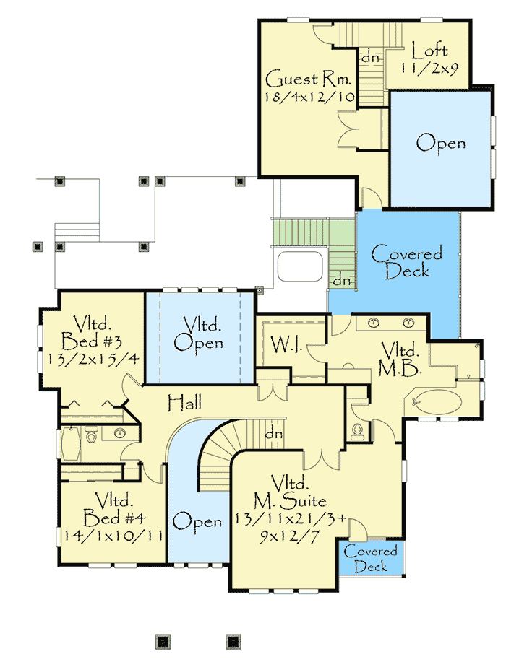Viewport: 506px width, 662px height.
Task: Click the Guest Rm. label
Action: (296, 78)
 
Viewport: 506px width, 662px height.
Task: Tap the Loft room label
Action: (429, 51)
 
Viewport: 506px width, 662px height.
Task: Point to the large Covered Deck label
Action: (406, 262)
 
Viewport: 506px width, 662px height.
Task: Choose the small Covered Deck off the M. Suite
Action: (370, 559)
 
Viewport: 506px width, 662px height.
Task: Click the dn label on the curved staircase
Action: (273, 434)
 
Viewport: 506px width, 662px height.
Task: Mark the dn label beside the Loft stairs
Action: (371, 56)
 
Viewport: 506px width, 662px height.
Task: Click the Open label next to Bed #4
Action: (197, 521)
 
